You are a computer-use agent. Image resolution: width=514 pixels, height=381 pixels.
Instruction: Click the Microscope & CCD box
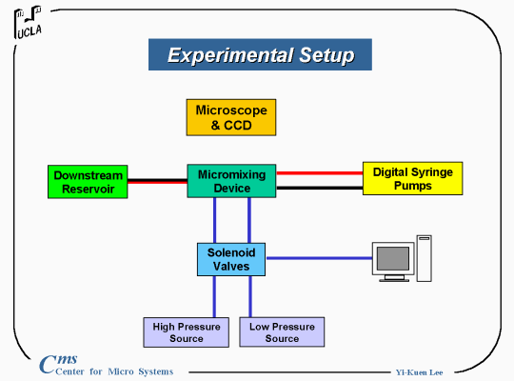point(231,117)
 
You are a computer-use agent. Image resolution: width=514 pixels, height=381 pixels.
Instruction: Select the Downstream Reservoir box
point(88,182)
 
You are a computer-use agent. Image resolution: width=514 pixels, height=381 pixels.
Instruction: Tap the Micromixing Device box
point(231,181)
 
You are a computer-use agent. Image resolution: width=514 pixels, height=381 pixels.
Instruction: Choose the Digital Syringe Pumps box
point(413,178)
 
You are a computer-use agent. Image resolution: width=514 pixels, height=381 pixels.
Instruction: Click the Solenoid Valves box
point(231,259)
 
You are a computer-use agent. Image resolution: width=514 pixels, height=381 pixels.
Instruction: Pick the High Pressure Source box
point(187,332)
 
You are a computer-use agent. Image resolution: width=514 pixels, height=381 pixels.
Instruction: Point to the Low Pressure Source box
point(282,331)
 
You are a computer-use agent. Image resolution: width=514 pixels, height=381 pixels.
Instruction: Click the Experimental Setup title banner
point(260,54)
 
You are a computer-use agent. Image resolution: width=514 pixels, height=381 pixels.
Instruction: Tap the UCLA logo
point(28,22)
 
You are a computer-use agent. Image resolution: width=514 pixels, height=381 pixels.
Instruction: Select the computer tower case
point(424,258)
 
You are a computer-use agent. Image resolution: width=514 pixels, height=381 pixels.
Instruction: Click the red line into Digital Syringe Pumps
point(320,173)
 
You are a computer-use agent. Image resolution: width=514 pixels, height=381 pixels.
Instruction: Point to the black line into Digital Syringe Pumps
point(320,188)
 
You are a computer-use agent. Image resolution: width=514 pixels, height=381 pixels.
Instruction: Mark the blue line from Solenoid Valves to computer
point(319,258)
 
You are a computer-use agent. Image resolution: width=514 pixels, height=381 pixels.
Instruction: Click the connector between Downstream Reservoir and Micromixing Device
point(157,181)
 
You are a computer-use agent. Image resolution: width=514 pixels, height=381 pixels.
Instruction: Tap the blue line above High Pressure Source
point(214,296)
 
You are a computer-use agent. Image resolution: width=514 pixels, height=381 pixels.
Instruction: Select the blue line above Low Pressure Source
point(250,296)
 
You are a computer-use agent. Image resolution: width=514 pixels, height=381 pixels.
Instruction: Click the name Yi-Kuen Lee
point(419,372)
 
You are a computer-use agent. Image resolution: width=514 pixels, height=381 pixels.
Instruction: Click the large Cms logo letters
point(58,364)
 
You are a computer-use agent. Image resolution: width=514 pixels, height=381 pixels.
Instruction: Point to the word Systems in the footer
point(156,371)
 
